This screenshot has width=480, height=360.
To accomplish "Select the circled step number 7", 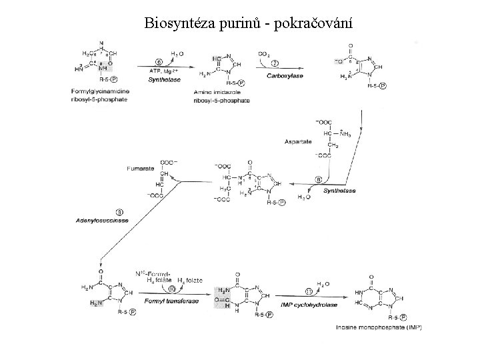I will [274, 63].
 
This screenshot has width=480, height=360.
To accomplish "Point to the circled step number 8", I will [319, 179].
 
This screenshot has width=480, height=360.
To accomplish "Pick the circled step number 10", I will [172, 289].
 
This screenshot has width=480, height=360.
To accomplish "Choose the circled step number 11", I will [309, 291].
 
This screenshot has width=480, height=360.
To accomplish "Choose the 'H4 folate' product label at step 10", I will [187, 281].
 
